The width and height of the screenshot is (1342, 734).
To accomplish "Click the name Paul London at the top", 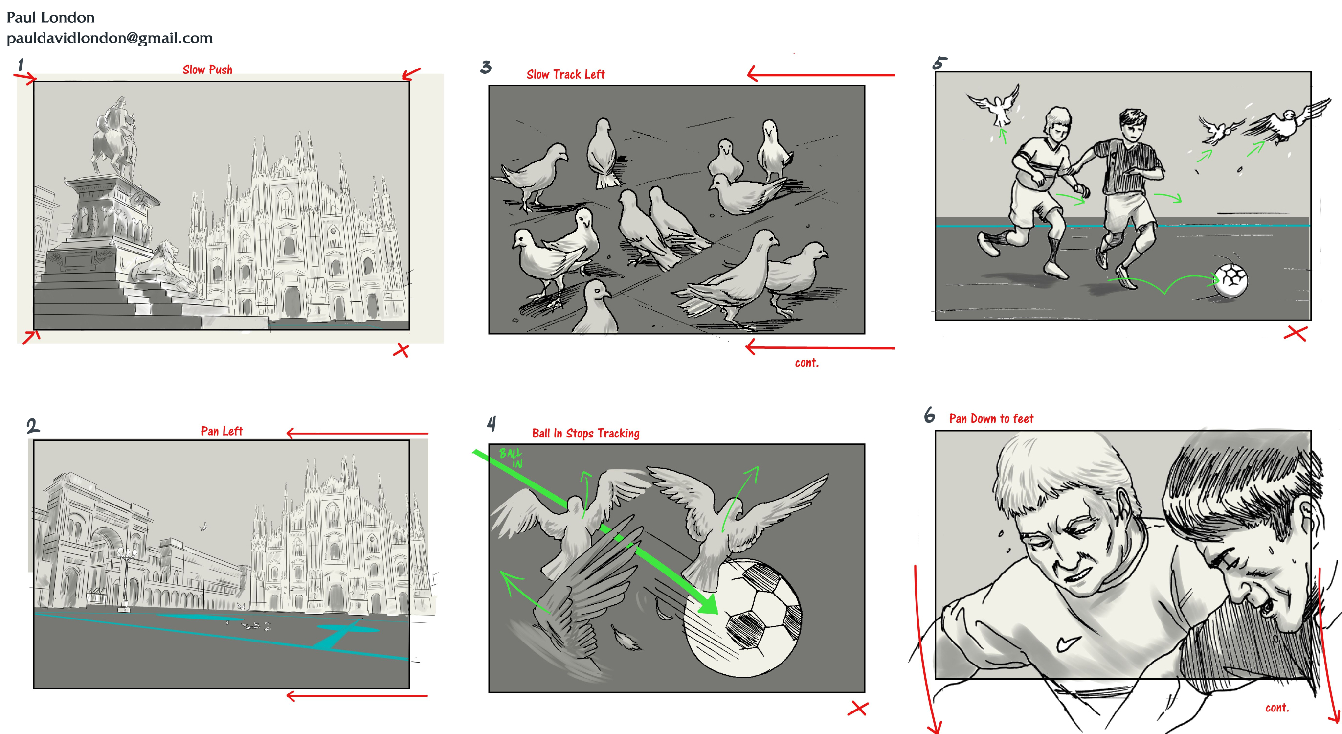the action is coord(50,17).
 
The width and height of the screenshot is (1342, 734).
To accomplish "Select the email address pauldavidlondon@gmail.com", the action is coord(110,38).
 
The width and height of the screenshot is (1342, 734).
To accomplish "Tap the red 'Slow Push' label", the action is coord(207,69).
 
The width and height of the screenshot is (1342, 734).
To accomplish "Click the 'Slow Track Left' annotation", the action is coord(565,74).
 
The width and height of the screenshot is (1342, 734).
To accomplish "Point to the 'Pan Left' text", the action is coord(222,431).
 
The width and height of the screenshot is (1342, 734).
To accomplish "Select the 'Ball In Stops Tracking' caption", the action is coord(585,433).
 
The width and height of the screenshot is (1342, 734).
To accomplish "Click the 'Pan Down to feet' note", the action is coord(991,418).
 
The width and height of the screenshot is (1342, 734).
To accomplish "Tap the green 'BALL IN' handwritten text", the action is coord(511,458).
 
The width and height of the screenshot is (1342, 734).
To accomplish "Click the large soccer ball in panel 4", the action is coord(742,618).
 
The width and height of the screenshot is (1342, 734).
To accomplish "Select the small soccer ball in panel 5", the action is coord(1230,280).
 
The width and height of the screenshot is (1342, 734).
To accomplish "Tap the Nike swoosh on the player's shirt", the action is coord(1068,644).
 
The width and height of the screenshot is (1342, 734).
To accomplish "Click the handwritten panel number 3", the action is coord(486,67).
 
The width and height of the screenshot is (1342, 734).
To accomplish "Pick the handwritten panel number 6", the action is coord(929,415).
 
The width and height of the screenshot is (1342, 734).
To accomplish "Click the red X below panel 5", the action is coord(1295,333).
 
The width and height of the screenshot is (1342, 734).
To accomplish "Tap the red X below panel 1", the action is coord(401,350).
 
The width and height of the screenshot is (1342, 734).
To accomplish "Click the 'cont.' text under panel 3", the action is coord(806,363).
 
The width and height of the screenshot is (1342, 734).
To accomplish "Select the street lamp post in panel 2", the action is coord(125,579).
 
